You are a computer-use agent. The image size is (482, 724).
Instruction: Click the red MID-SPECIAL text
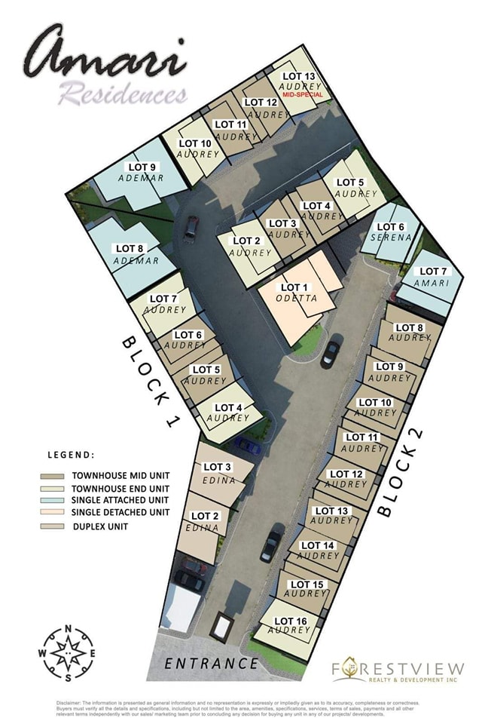click(302, 95)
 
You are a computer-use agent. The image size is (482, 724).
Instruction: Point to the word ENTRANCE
click(212, 664)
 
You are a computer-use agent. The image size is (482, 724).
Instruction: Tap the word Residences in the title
click(123, 94)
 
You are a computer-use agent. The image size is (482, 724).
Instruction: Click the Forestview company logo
click(398, 670)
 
